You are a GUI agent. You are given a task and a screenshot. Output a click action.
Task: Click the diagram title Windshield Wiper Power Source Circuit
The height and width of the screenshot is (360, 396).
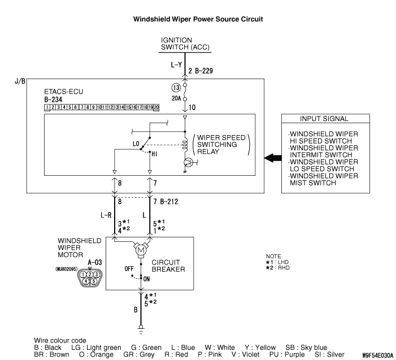198,19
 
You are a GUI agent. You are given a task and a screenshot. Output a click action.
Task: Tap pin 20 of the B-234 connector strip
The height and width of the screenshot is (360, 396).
156,107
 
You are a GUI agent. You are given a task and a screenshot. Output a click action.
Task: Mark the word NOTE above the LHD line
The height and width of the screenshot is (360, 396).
273,256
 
